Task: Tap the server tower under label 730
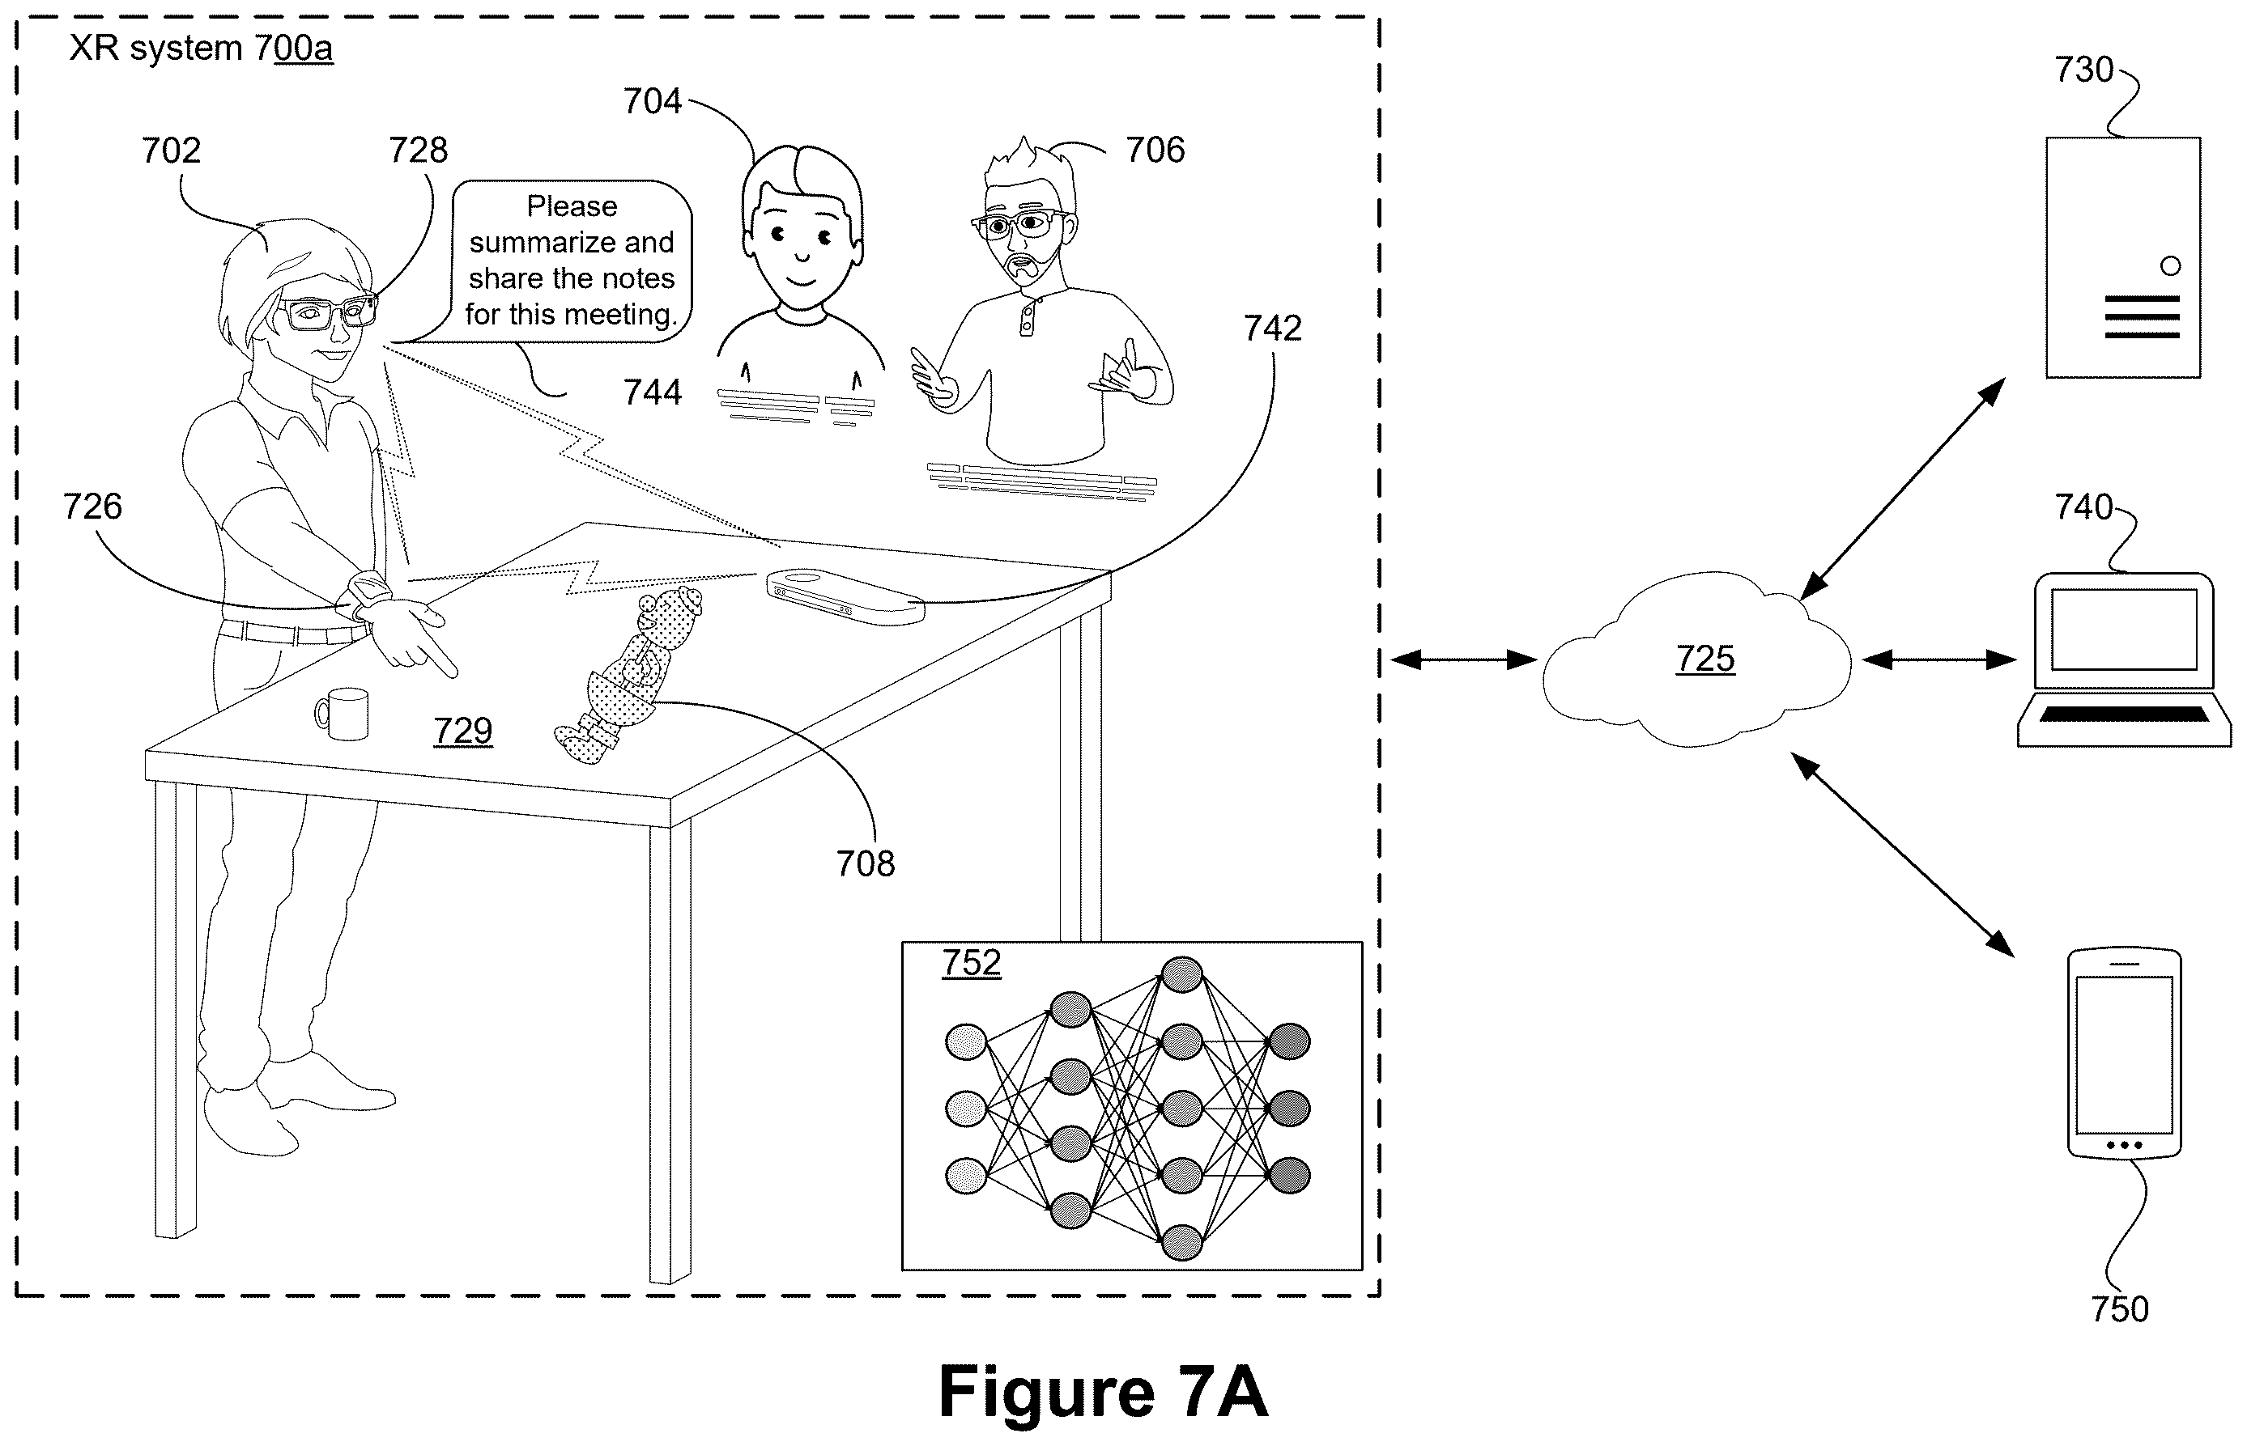coord(2122,257)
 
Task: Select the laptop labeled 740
coord(2123,659)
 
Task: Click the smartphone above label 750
coord(2124,1054)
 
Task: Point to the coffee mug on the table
coord(342,714)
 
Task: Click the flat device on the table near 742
coord(845,596)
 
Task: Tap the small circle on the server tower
coord(2170,265)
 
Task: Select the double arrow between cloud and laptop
coord(1938,660)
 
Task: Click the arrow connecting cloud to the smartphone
coord(1902,854)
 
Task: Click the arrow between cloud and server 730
coord(1902,488)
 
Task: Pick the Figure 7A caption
coord(1103,1392)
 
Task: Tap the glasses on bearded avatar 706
coord(1019,224)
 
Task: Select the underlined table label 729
coord(463,731)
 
